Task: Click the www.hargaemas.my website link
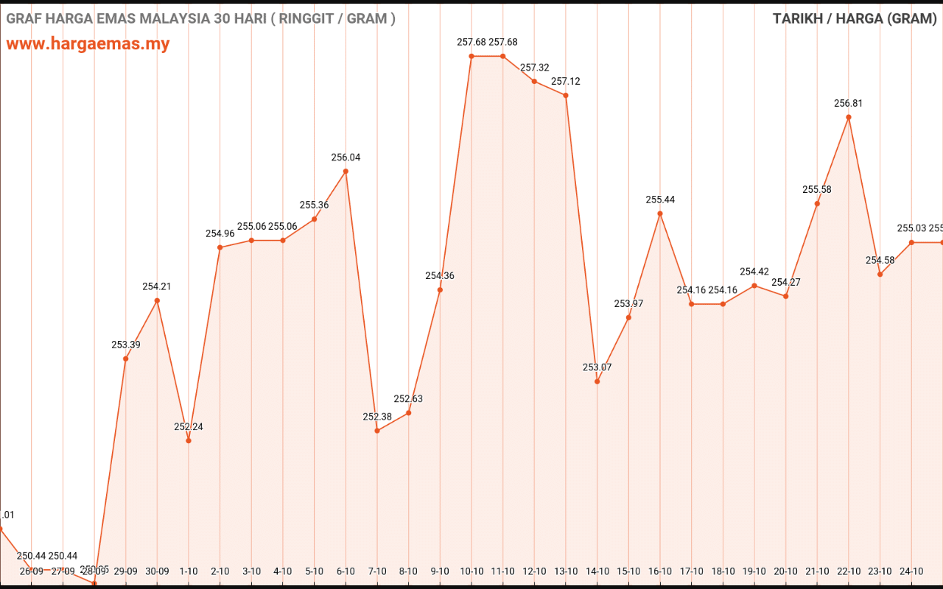click(x=88, y=43)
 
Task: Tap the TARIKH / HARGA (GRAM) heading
click(x=855, y=18)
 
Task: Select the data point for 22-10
click(x=849, y=117)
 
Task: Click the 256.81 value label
click(x=849, y=104)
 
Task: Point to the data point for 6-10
click(x=346, y=172)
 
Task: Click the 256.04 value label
click(x=346, y=158)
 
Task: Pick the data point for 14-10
click(x=597, y=381)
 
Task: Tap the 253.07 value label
click(x=597, y=367)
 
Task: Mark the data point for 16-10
click(x=660, y=214)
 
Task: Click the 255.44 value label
click(x=660, y=200)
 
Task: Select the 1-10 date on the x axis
click(x=189, y=571)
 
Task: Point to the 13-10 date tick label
click(x=566, y=571)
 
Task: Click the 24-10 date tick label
click(x=911, y=571)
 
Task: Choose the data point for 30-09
click(x=157, y=300)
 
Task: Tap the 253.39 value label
click(x=126, y=345)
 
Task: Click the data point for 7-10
click(x=377, y=431)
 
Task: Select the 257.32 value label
click(x=535, y=68)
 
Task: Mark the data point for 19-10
click(x=754, y=286)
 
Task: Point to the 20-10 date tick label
click(x=786, y=571)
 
